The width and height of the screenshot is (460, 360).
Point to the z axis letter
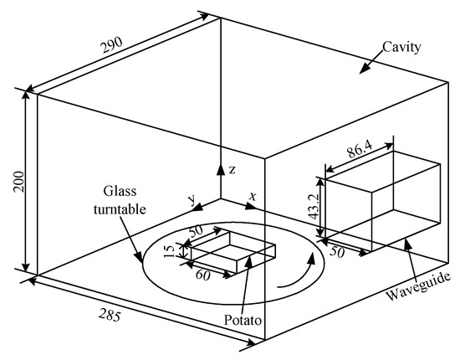[x=232, y=169]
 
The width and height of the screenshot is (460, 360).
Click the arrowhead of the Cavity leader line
[x=360, y=73]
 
